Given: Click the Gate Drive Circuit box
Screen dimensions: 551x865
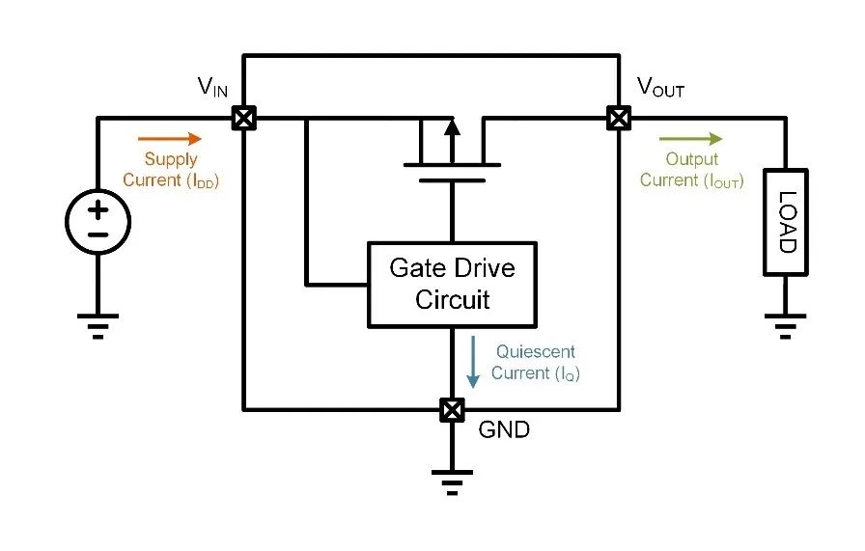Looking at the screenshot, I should pos(452,284).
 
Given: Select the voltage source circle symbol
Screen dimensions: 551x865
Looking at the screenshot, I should pos(98,222).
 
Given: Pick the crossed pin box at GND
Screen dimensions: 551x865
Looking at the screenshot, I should pos(451,409).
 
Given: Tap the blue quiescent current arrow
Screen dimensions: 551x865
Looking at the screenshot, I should pos(473,362).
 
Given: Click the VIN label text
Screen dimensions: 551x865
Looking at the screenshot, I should pos(213,87).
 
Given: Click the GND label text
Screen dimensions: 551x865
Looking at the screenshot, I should pos(504,430).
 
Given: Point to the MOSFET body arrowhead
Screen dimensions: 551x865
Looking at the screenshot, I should pos(451,126).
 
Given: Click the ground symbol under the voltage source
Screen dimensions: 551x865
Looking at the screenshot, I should pos(98,325).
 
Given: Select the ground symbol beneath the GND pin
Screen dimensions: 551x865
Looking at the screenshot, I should pos(451,481).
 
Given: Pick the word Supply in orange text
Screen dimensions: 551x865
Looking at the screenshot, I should pos(171,159).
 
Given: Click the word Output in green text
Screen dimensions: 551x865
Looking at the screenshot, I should pos(692,159).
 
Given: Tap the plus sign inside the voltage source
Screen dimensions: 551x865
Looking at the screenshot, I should pos(98,208).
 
